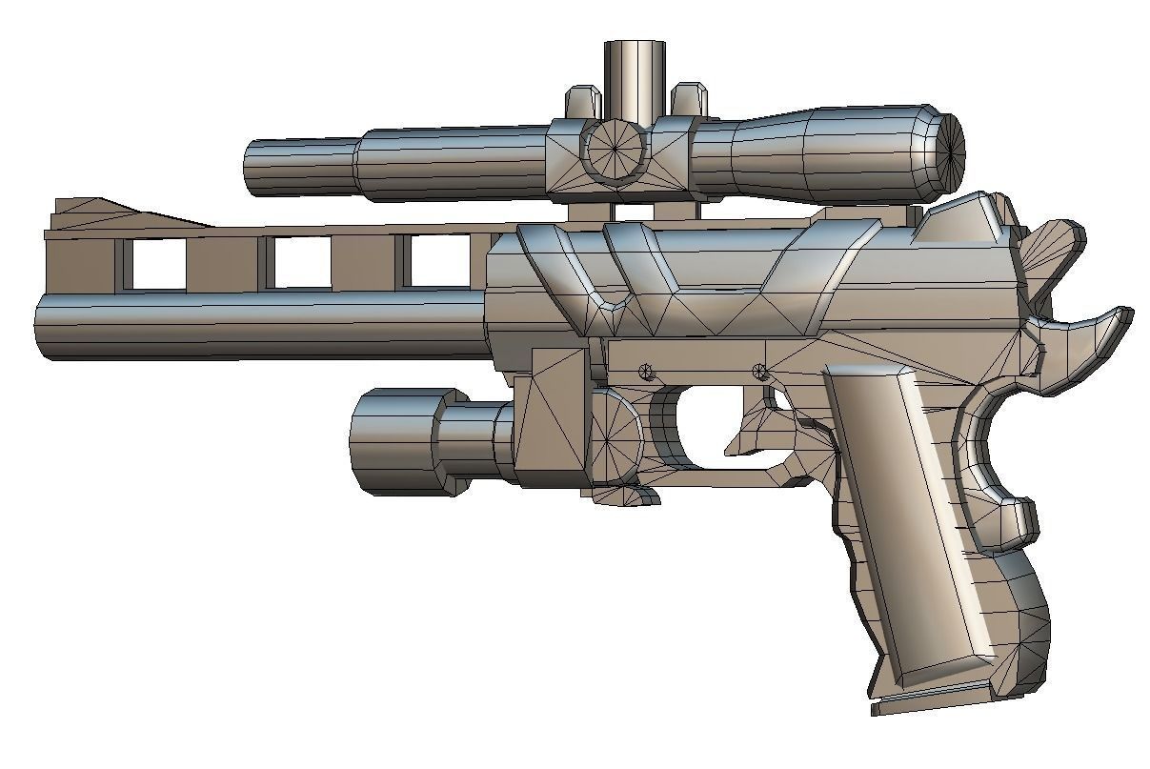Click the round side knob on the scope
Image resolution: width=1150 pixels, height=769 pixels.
pos(615,151)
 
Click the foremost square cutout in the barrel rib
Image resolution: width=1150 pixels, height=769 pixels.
pos(157,264)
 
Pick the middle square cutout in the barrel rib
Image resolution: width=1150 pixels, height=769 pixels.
pos(300,262)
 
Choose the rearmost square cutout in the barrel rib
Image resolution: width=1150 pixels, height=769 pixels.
pos(438,262)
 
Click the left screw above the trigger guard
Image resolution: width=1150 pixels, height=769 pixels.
pos(648,370)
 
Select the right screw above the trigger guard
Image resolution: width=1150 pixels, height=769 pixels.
pos(760,371)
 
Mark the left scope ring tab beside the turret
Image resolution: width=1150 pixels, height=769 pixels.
pos(583,99)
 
